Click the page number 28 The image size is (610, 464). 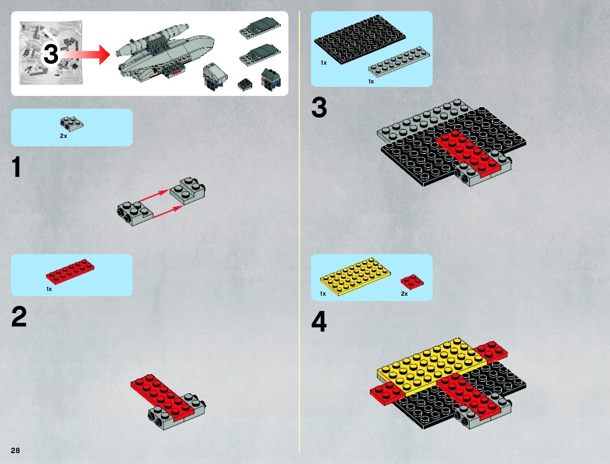point(15,450)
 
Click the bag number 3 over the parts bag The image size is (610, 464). point(51,54)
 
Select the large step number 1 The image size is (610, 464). point(16,166)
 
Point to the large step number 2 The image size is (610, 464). point(19,316)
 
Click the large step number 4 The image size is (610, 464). point(319,321)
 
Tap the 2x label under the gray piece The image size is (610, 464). point(64,136)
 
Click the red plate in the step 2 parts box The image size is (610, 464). point(70,272)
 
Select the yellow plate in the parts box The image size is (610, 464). point(355,276)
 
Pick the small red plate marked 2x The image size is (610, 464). point(412,282)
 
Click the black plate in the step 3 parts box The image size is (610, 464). point(360,39)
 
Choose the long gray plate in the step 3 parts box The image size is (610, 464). point(399,62)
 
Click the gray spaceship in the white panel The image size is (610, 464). point(165,53)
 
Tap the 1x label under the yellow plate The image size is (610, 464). point(323,293)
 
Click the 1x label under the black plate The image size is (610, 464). point(324,63)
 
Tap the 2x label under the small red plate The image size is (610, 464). point(404,293)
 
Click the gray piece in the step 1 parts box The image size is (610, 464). point(72,124)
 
